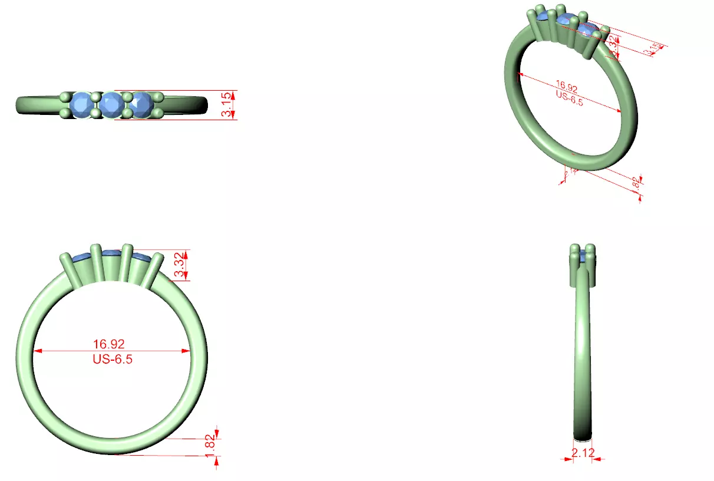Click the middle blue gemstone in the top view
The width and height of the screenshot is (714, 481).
tap(110, 105)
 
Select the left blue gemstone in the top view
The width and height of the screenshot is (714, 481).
tap(81, 105)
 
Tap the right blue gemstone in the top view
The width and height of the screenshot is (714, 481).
tap(140, 105)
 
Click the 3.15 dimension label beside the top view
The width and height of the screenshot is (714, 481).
tap(227, 105)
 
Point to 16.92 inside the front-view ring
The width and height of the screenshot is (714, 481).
tap(109, 344)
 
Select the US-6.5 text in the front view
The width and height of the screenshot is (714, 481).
tap(112, 359)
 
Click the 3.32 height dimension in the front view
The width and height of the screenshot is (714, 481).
tap(179, 266)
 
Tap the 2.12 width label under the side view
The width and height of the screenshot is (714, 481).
tap(583, 453)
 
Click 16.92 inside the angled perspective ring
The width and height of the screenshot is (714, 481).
tap(566, 88)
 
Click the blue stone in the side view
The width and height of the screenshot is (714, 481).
tap(583, 255)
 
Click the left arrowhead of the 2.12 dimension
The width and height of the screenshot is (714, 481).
tap(570, 457)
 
